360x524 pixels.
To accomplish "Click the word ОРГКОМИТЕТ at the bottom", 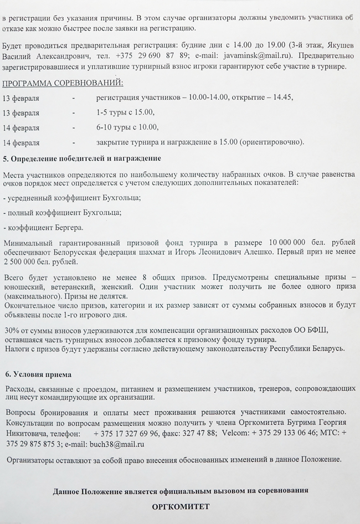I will point(181,506).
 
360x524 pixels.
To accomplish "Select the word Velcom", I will point(235,433).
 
